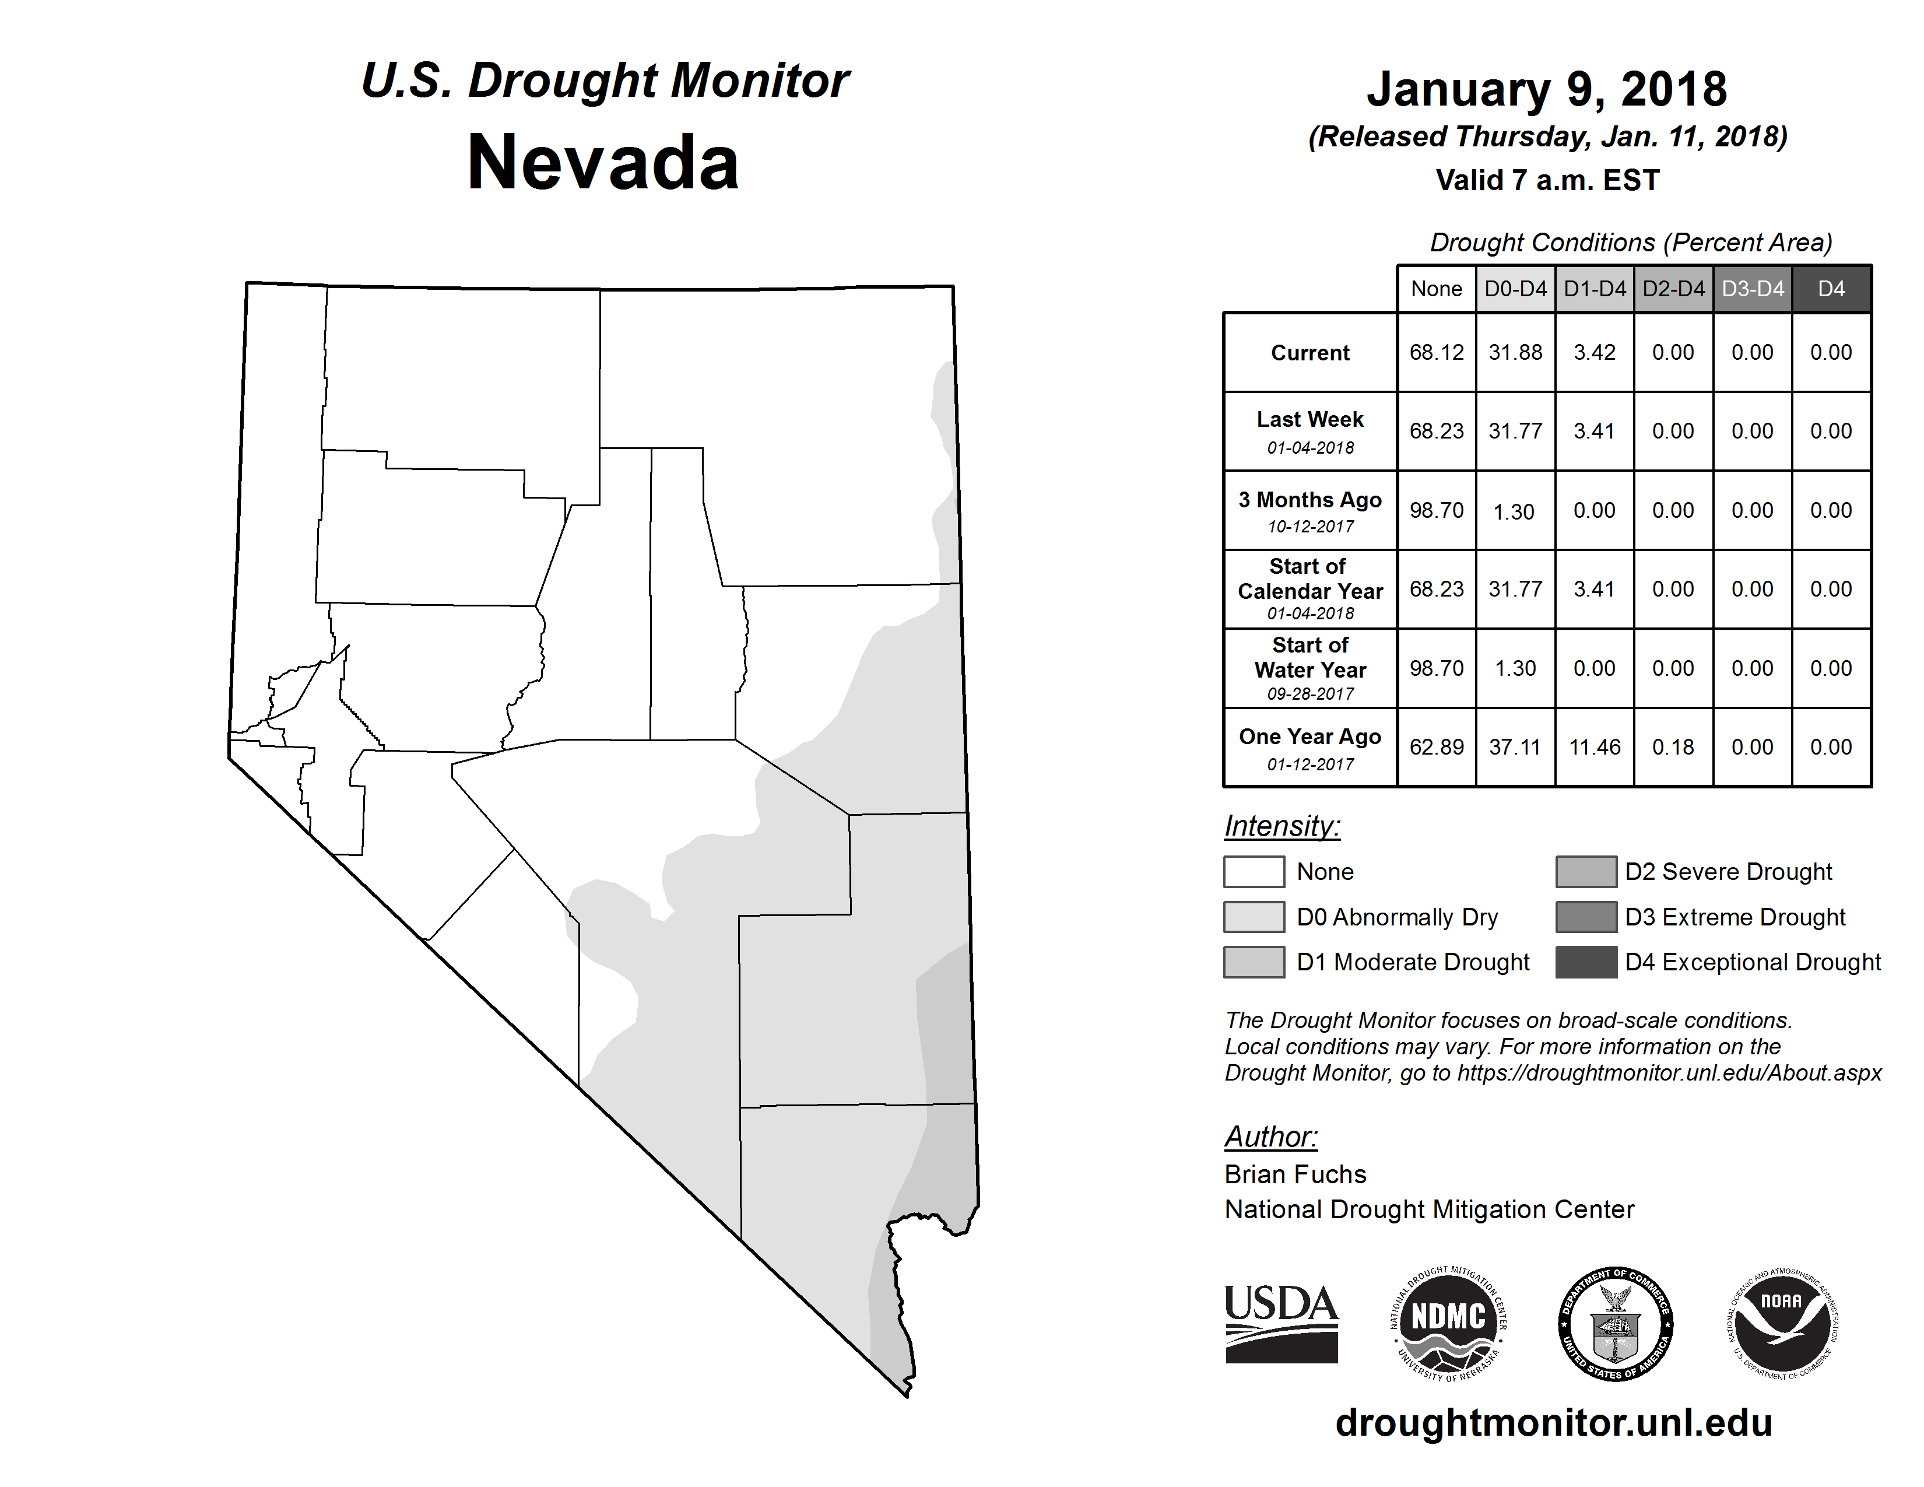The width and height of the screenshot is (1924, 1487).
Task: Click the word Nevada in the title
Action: pos(603,163)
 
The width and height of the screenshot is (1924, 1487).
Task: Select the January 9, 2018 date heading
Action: pos(1546,90)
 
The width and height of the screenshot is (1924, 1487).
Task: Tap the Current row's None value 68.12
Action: pos(1436,352)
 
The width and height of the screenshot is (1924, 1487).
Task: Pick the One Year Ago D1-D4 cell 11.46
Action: pos(1595,747)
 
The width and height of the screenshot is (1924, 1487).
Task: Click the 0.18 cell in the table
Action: pos(1673,747)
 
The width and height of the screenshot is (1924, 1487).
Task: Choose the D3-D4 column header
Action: pos(1752,289)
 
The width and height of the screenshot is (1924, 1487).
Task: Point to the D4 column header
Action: pos(1831,289)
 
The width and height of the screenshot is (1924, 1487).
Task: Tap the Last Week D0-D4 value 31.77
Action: pos(1515,431)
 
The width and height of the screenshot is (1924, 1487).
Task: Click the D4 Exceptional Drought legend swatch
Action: pos(1586,962)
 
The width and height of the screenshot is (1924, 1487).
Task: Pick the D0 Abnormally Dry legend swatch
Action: pos(1254,916)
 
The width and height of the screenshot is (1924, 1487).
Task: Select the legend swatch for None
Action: pos(1254,871)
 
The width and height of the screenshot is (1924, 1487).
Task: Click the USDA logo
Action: pos(1281,1323)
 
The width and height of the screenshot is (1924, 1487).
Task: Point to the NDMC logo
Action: pos(1448,1323)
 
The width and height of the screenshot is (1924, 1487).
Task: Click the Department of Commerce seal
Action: pos(1615,1323)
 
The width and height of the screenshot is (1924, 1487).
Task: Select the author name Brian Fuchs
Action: pos(1295,1174)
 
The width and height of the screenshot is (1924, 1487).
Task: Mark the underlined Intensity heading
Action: pos(1282,826)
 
